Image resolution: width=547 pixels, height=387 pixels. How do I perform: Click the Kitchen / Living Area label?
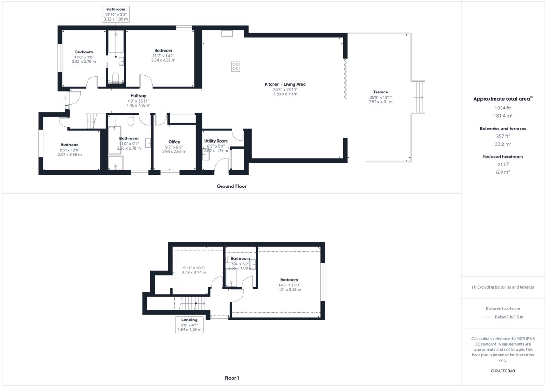[x=285, y=84]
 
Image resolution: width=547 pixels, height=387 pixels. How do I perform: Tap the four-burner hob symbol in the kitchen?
[x=235, y=67]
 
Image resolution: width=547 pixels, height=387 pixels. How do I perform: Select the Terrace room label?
[x=381, y=92]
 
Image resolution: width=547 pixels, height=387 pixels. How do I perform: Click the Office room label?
[x=174, y=142]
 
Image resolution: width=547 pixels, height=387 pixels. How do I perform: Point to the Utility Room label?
[x=216, y=141]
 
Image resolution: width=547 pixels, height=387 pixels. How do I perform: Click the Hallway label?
[x=138, y=96]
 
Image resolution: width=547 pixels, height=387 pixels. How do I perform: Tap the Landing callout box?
[x=189, y=325]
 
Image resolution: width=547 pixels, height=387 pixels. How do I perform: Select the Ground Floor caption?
[x=232, y=186]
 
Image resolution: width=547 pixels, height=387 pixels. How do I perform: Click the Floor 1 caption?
[x=232, y=378]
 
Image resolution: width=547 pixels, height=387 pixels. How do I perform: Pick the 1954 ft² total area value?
[x=503, y=108]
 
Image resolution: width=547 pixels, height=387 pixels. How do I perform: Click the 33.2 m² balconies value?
[x=503, y=144]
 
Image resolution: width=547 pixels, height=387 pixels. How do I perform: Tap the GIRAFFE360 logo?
[x=503, y=371]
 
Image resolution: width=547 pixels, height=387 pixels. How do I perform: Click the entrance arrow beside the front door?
[x=65, y=98]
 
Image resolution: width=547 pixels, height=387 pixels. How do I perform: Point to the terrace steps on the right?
[x=418, y=97]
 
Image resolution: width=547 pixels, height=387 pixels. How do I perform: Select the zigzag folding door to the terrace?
[x=346, y=79]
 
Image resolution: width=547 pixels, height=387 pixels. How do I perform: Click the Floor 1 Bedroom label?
[x=289, y=280]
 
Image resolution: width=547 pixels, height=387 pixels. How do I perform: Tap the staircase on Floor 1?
[x=192, y=303]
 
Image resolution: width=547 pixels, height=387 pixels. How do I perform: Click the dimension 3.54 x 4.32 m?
[x=163, y=60]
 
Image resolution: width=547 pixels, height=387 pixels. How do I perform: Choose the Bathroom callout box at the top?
[x=116, y=14]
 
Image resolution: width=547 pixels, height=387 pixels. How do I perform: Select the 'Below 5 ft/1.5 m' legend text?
[x=509, y=317]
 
